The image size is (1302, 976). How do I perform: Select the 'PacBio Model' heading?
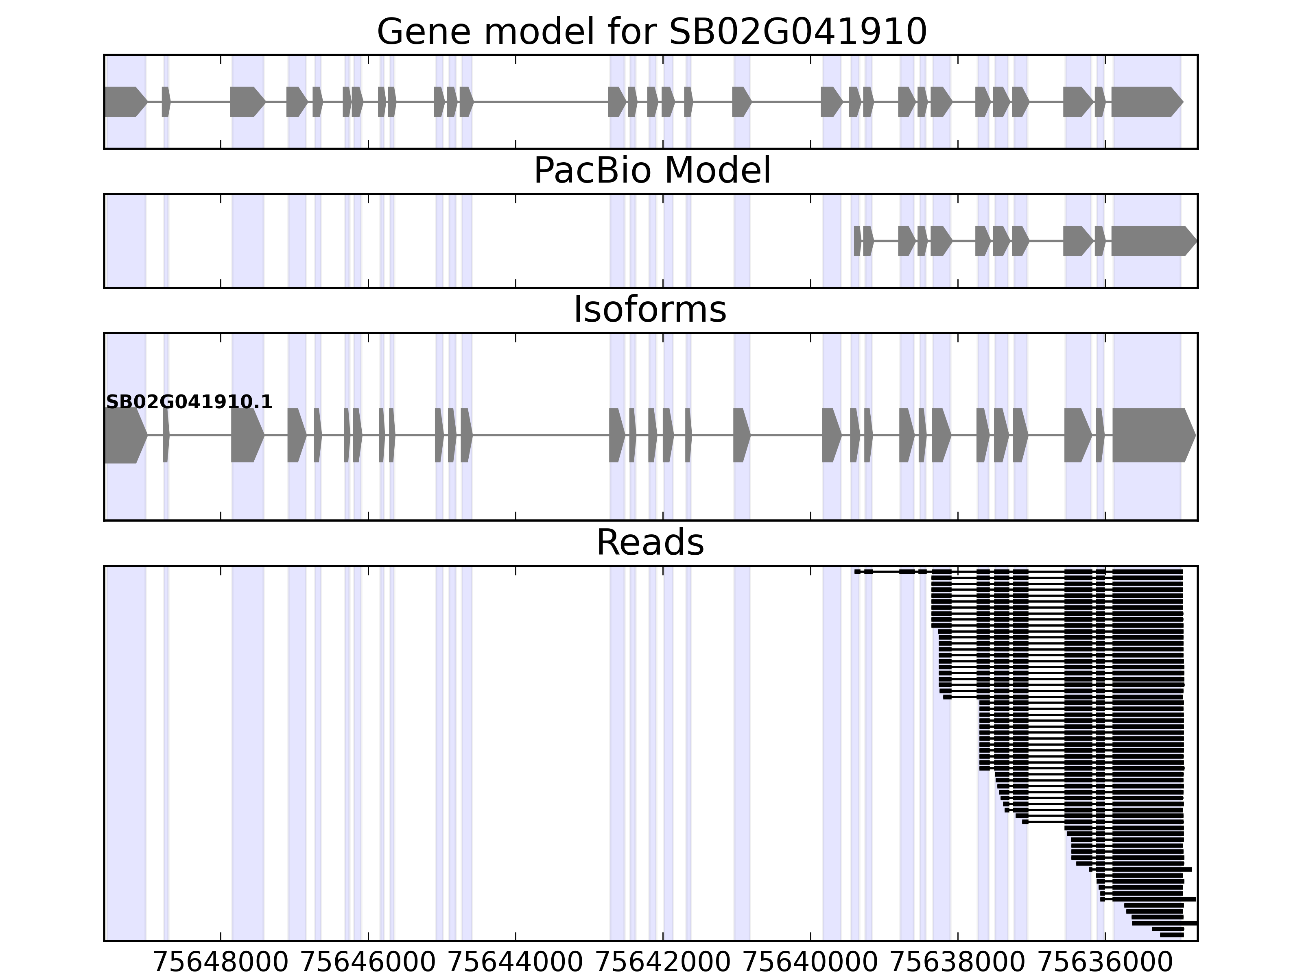click(651, 171)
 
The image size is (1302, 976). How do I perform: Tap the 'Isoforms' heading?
click(650, 309)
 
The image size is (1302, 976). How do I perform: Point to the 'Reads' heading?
click(650, 542)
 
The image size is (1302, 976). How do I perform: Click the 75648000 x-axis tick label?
click(221, 963)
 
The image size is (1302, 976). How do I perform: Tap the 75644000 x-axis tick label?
click(516, 963)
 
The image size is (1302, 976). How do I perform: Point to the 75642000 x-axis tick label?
click(663, 963)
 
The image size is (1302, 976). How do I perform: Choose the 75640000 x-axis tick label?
click(810, 963)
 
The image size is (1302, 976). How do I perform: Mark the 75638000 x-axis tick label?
click(958, 963)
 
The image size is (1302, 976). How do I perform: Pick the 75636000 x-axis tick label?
click(1105, 963)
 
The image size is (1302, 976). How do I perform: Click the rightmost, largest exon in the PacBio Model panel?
click(1151, 241)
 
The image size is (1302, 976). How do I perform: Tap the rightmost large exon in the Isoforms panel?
click(1151, 436)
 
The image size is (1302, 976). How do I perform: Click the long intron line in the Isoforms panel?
click(540, 436)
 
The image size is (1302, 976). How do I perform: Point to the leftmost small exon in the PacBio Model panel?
click(857, 241)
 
